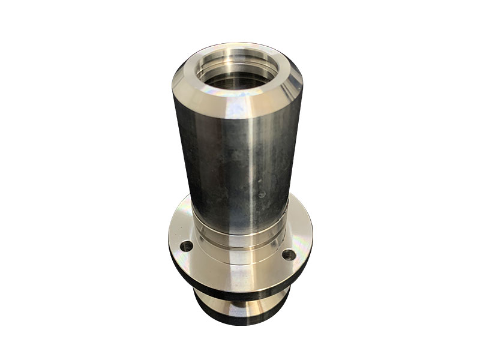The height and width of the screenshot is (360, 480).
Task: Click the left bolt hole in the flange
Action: [187, 245]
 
